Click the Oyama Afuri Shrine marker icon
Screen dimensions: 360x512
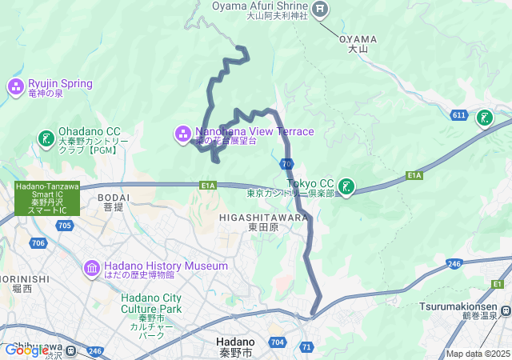320,9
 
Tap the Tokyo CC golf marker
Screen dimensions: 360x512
346,186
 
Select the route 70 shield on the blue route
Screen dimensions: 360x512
286,164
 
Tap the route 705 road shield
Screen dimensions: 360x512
65,226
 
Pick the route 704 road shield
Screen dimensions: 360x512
277,341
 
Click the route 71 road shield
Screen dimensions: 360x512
306,346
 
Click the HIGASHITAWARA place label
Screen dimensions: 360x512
262,216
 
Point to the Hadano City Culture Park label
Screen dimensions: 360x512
151,303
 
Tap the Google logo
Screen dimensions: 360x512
26,350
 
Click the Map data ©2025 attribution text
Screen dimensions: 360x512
478,354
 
